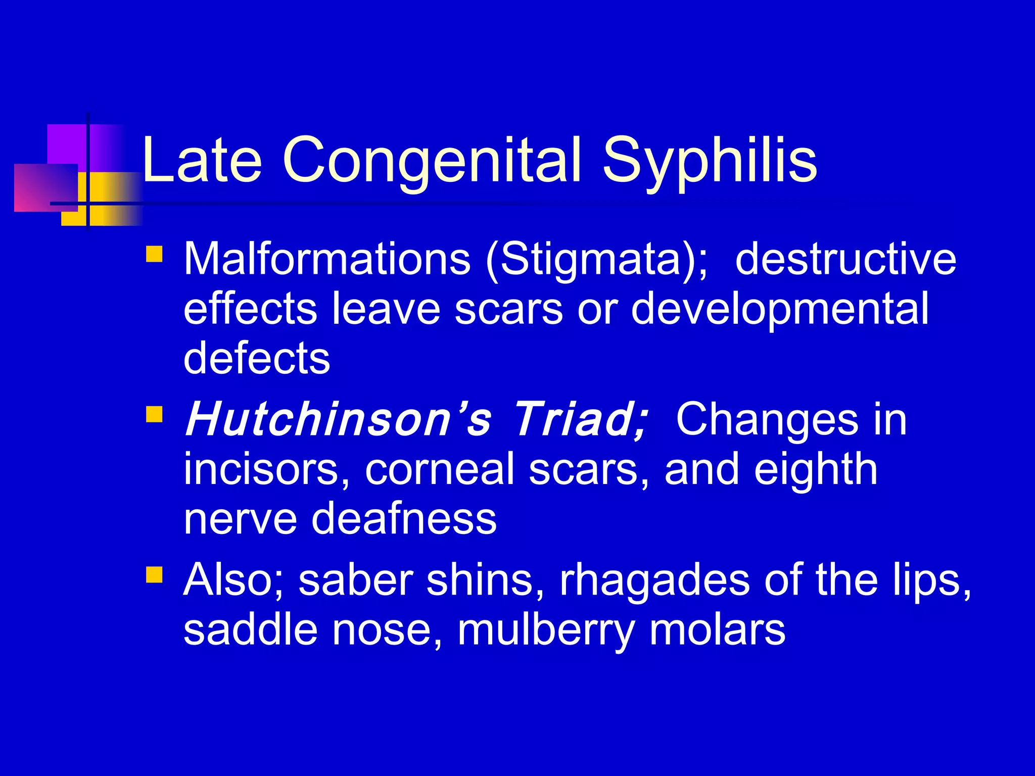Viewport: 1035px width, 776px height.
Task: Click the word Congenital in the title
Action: [x=433, y=161]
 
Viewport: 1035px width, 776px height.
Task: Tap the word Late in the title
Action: [x=202, y=161]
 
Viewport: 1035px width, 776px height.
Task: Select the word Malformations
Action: [x=326, y=259]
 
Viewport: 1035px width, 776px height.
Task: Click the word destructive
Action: [x=845, y=259]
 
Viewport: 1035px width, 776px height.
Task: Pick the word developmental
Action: [x=779, y=309]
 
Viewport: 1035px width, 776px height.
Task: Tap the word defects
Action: [x=257, y=358]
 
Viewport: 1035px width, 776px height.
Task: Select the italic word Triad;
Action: [x=581, y=419]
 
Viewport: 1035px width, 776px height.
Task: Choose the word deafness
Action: [x=403, y=519]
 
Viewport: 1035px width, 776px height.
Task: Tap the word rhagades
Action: [x=654, y=580]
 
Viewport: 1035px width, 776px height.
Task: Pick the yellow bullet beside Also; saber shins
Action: [x=154, y=575]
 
